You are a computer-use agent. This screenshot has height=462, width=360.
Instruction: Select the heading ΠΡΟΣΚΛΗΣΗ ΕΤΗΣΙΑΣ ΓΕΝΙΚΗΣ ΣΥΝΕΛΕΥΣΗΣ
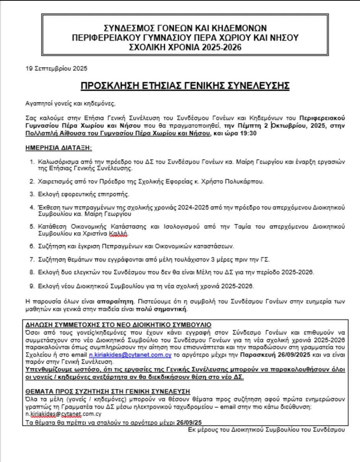point(185,86)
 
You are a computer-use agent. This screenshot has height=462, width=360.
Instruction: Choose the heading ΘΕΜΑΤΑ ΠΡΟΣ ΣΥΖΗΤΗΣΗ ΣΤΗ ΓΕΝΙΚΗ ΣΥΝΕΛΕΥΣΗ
point(108,392)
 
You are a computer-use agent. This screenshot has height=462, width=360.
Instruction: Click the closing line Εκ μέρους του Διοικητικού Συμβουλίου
point(266,429)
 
